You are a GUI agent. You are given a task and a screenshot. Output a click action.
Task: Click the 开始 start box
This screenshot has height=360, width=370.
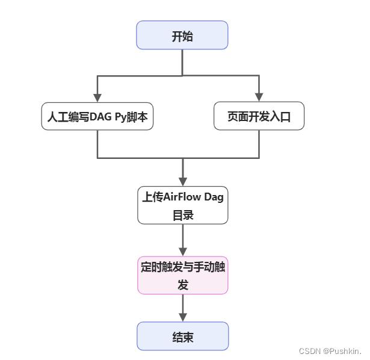(182, 35)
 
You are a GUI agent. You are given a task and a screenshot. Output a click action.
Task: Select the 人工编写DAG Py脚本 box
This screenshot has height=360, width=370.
(97, 116)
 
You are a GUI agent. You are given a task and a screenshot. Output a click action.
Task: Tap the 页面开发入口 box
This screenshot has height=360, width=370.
(259, 116)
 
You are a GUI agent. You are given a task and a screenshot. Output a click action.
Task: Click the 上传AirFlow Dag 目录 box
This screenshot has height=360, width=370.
(183, 205)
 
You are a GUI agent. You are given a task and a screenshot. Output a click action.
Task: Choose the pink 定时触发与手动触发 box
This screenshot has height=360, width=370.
(183, 276)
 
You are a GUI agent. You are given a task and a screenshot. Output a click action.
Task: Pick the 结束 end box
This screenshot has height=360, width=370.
(183, 336)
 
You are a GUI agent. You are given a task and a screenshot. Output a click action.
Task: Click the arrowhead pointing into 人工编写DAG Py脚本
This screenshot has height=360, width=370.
(97, 98)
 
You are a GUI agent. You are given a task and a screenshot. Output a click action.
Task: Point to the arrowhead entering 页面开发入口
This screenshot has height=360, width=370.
(259, 98)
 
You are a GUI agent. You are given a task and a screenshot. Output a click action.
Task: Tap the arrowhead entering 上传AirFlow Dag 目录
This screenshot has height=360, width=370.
(183, 182)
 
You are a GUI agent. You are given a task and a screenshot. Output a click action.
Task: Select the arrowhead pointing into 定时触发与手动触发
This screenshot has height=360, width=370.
(183, 252)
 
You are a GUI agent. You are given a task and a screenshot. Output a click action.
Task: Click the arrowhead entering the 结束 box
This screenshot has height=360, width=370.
(183, 317)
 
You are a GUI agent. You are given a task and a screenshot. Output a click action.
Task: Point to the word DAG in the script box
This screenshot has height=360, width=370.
(100, 117)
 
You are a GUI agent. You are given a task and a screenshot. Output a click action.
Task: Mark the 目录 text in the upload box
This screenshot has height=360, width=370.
(183, 214)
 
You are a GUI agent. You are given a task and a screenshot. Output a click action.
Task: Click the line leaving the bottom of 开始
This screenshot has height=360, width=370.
(182, 62)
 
